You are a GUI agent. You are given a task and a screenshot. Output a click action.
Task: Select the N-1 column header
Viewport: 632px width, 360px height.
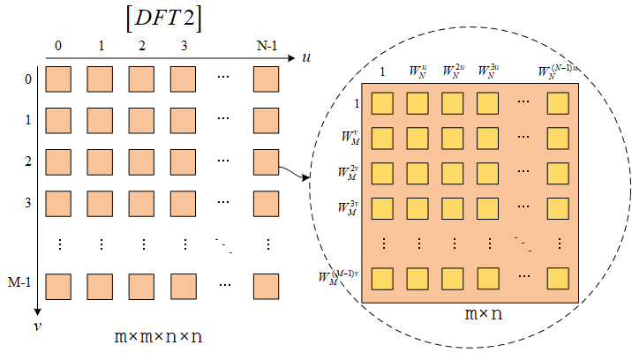click(x=266, y=44)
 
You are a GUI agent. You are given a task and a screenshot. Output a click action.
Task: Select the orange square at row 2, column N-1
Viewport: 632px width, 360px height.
click(x=266, y=162)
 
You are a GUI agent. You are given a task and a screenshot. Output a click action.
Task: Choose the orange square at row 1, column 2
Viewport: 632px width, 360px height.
click(x=142, y=121)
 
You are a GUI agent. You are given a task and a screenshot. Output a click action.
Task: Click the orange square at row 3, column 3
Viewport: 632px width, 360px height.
click(x=184, y=204)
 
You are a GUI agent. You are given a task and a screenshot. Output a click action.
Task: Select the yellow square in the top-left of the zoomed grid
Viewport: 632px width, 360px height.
click(x=382, y=103)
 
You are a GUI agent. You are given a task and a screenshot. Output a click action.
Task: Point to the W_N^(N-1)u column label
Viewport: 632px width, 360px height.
click(x=558, y=70)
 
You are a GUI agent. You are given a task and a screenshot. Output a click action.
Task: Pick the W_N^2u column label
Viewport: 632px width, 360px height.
click(x=453, y=70)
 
